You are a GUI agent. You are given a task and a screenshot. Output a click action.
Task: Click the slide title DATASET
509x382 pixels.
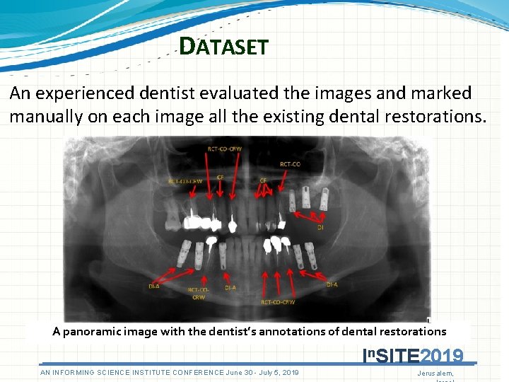point(223,47)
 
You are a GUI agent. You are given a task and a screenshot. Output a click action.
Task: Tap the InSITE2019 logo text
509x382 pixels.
point(412,355)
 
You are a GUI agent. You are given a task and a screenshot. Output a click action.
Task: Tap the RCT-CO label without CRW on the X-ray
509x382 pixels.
point(290,164)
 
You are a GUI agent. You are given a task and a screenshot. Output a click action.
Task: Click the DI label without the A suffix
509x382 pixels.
point(320,228)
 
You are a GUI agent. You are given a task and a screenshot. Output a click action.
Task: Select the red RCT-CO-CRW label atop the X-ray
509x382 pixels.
point(224,149)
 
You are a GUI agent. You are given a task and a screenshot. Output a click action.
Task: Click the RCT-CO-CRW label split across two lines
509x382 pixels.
point(198,293)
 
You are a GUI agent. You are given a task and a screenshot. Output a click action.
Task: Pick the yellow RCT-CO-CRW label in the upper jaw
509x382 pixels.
point(185,181)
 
